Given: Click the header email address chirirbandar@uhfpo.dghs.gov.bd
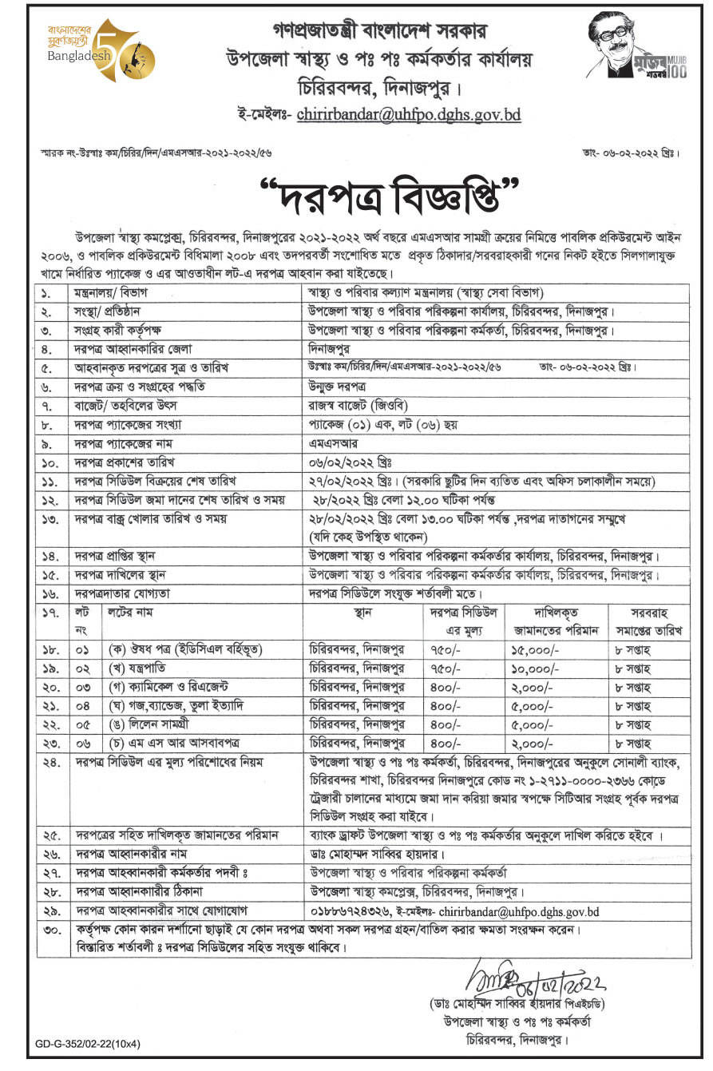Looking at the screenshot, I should pyautogui.click(x=408, y=114).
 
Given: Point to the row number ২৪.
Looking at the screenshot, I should pyautogui.click(x=49, y=764).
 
